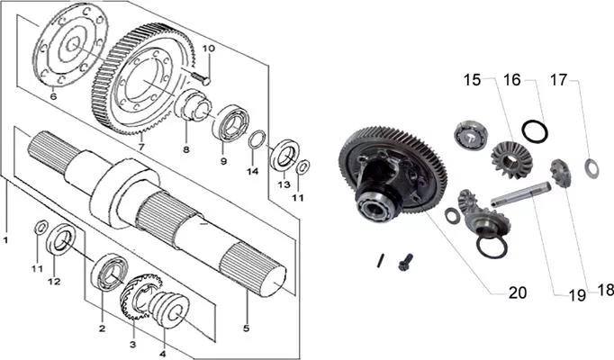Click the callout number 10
[209, 49]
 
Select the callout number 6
[54, 96]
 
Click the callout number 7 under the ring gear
[141, 147]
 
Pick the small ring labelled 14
[257, 139]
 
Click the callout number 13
[284, 184]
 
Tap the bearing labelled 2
[110, 272]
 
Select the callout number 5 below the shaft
[246, 328]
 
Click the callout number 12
[54, 281]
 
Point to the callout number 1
[5, 239]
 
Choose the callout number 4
[163, 354]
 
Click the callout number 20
[518, 292]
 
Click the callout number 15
[472, 80]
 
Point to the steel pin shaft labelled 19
[520, 194]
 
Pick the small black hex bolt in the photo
[406, 261]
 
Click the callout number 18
[605, 290]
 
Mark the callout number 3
[132, 345]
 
